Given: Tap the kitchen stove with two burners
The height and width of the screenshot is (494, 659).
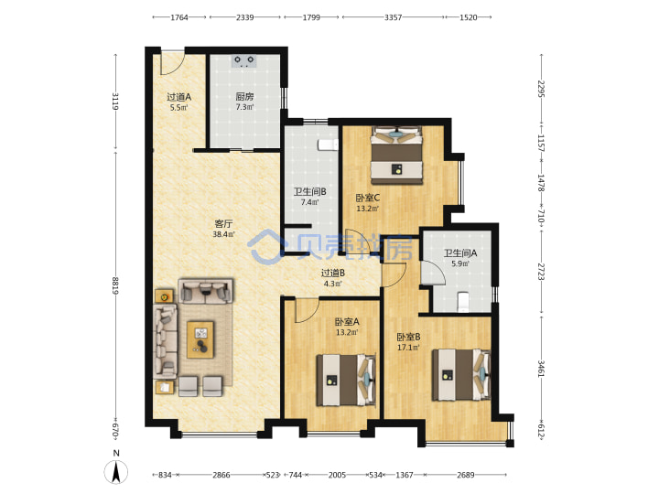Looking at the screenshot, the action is coord(244,61).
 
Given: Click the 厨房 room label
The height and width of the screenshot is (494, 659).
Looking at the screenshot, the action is coord(244,97).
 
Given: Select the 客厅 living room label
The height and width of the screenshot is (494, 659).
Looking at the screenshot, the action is coord(223,223).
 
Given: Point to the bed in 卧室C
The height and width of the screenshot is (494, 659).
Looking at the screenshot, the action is coord(396,156).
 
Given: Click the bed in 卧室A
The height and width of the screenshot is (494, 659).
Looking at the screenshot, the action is coord(345,381).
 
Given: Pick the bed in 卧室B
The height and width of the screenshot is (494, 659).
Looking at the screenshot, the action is coord(461,374).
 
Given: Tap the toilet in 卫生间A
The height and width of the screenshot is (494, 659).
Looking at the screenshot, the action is coord(463,302).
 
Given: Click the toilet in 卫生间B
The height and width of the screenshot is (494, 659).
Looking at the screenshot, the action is coord(329,145).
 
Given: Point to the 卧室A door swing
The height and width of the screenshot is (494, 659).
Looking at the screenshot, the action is coord(308,310).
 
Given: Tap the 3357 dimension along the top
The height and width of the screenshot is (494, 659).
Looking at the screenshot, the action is coord(393,17).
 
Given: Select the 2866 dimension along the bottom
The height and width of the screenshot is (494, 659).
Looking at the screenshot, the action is coord(221,475).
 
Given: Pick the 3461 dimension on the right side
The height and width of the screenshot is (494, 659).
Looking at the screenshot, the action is coord(541,369).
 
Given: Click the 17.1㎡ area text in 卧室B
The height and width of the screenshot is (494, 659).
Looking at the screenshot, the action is coord(408,348).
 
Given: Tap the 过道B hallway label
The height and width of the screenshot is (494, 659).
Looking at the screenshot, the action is coord(333,273).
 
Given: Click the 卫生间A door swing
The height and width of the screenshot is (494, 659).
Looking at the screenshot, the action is coord(432,273).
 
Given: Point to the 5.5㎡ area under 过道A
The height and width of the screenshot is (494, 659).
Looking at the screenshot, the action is coord(179,108).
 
